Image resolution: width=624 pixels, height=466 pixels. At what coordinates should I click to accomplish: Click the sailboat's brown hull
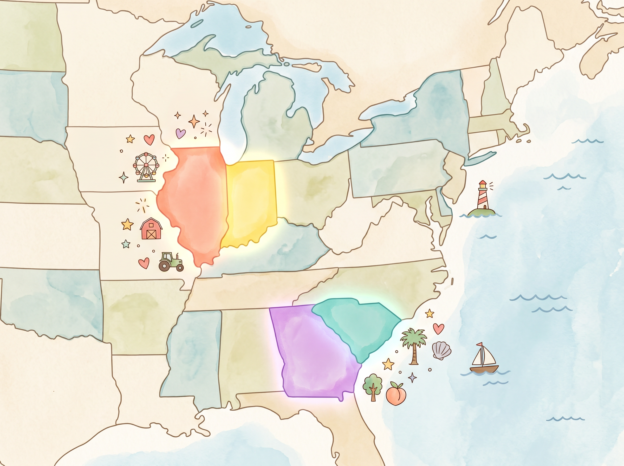point(484,369)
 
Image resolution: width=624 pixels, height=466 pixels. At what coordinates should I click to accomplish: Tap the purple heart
point(180,133)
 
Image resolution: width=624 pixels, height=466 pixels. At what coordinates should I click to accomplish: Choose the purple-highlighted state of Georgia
point(313,355)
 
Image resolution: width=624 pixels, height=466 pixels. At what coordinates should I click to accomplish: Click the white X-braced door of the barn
point(151,234)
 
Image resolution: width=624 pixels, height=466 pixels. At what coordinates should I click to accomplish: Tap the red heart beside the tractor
point(144,263)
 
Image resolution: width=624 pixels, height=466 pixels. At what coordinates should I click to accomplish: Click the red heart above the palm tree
point(438,328)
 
